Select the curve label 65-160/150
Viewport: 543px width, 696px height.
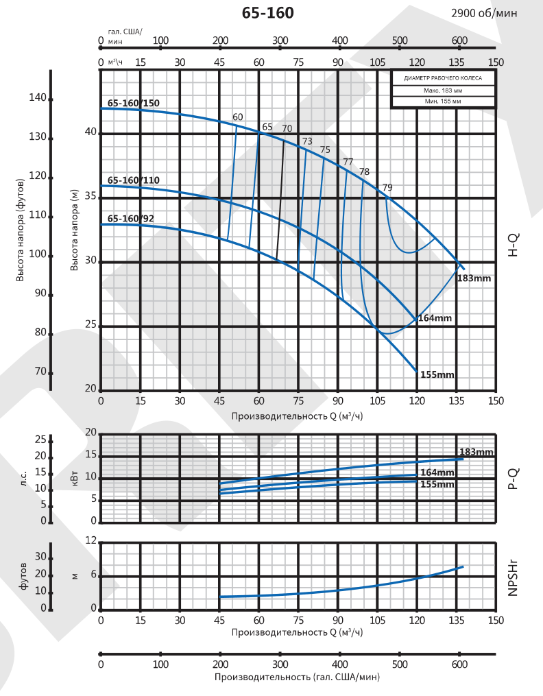[x=133, y=104]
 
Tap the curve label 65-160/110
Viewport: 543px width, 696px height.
[x=133, y=180]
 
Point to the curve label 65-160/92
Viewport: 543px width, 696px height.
[x=130, y=219]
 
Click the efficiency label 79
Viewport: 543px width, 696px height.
[x=387, y=187]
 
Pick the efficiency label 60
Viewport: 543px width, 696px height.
[x=238, y=117]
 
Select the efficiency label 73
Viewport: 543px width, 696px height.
[x=306, y=141]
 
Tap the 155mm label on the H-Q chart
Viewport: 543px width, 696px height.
[x=437, y=374]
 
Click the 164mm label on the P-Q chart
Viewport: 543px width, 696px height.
[x=437, y=472]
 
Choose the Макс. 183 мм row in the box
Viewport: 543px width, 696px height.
[x=443, y=91]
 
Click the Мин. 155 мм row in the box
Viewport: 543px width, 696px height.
[x=443, y=101]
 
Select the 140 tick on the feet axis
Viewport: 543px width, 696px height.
[x=38, y=97]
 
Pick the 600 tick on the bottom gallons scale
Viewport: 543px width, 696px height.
[x=460, y=665]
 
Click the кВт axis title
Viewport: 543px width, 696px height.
[x=75, y=477]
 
